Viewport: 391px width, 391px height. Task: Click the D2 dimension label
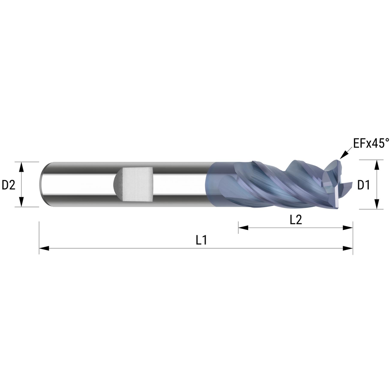(x=9, y=185)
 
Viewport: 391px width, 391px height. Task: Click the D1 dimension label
(x=364, y=185)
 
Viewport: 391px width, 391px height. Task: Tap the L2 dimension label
(x=296, y=220)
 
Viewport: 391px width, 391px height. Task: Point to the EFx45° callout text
(x=371, y=143)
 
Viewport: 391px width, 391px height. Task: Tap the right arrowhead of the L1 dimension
(x=348, y=248)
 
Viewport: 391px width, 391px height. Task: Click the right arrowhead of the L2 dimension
(x=348, y=228)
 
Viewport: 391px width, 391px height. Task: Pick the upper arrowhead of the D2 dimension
(x=22, y=167)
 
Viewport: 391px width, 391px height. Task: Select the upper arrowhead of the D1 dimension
(x=377, y=165)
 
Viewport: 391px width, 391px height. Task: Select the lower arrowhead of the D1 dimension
(x=377, y=204)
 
